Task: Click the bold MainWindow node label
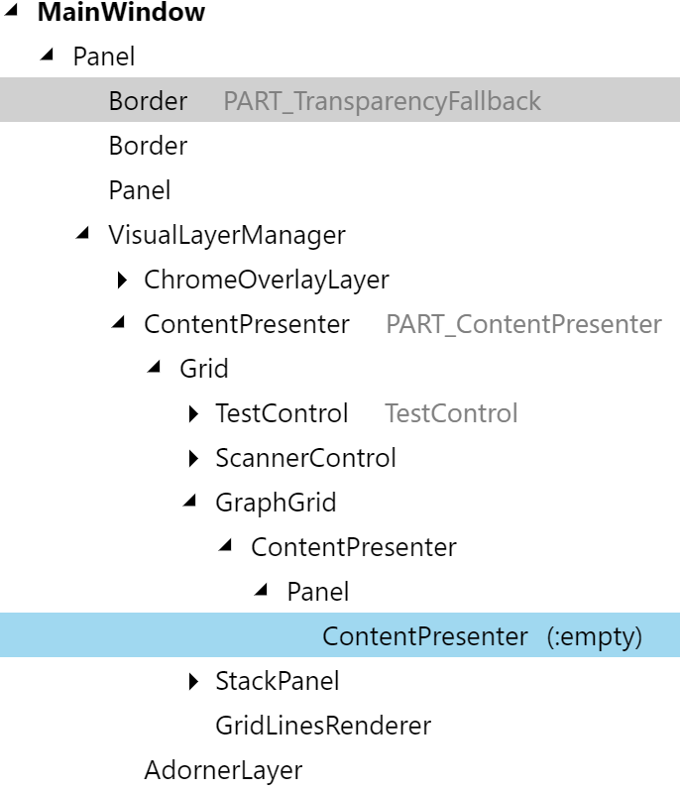coord(121,13)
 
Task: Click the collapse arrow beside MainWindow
coord(11,11)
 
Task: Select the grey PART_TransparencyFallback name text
coord(383,101)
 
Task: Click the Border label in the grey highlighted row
coord(148,101)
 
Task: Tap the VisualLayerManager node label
coord(227,235)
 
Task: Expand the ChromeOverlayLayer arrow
coord(121,281)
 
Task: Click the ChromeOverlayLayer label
coord(267,280)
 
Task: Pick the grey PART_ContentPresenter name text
coord(523,324)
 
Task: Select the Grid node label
coord(204,369)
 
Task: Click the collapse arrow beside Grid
coord(154,368)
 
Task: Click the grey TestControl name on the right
coord(451,413)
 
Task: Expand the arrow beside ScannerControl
coord(192,459)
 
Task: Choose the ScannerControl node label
coord(305,458)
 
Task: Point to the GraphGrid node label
coord(276,503)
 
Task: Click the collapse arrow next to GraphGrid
coord(190,502)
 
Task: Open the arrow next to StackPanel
coord(192,682)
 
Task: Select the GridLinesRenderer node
coord(323,726)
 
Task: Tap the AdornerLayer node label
coord(223,770)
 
